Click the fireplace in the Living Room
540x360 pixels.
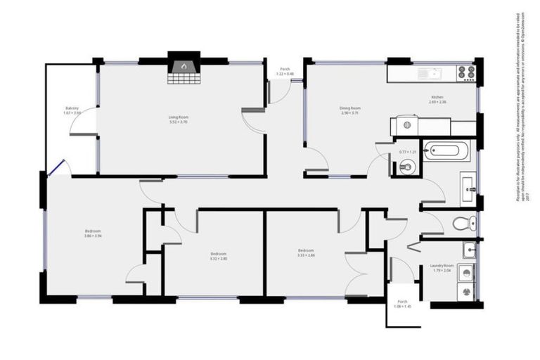pos(182,69)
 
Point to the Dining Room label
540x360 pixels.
pos(349,108)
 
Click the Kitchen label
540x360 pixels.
pos(437,97)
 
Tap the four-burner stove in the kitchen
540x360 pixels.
pos(466,72)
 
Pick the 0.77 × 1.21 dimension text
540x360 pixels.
pos(408,152)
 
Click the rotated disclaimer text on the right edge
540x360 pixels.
pos(522,105)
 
